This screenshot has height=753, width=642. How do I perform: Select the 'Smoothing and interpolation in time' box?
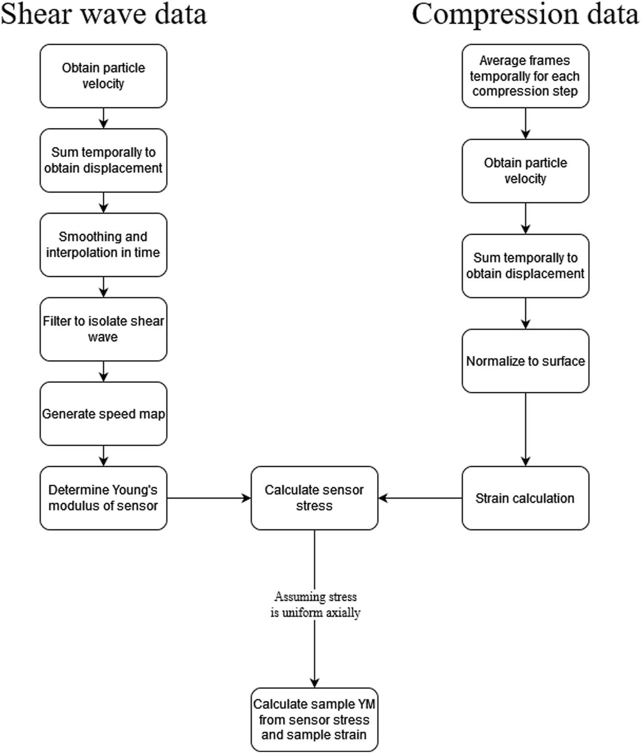click(x=103, y=244)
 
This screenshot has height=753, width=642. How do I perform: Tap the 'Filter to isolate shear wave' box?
click(x=103, y=329)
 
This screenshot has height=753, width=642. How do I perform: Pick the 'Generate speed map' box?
click(x=103, y=414)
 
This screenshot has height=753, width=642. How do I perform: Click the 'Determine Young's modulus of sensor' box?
click(x=103, y=498)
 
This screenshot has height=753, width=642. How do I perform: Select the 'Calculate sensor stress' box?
click(x=314, y=498)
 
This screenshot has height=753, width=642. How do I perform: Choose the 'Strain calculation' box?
click(x=525, y=498)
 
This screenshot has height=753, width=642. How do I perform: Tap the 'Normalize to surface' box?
click(x=525, y=361)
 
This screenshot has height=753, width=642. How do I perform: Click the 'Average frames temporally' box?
click(x=525, y=76)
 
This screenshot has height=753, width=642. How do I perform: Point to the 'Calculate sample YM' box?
click(x=314, y=719)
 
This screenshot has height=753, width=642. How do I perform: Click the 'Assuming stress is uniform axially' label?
click(x=315, y=605)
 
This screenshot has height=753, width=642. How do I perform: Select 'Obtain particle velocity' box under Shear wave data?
click(x=103, y=76)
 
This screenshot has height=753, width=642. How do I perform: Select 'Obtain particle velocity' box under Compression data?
click(x=525, y=171)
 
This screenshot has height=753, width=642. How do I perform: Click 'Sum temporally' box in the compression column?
click(x=525, y=266)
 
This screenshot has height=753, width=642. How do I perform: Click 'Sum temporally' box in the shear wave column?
click(x=103, y=160)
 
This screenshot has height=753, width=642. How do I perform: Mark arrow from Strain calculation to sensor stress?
click(x=420, y=498)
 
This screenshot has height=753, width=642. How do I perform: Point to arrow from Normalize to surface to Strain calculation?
click(x=525, y=430)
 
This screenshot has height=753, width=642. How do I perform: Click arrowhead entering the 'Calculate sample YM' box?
click(x=314, y=683)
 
